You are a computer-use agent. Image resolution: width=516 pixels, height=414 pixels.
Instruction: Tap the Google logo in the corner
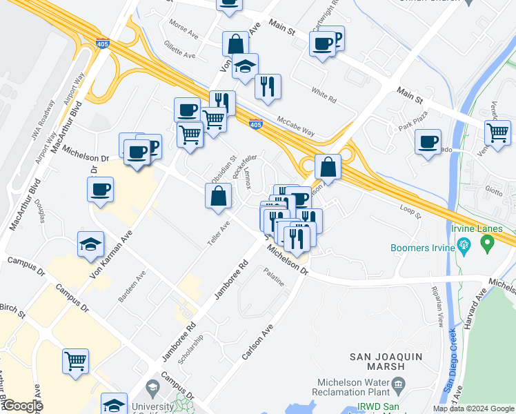coord(23,406)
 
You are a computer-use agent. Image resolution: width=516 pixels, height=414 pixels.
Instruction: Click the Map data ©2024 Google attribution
coord(473,408)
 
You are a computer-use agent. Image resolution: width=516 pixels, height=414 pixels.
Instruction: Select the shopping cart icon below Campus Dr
coord(76,360)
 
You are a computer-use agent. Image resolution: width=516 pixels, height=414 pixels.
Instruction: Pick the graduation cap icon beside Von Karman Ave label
coord(90,246)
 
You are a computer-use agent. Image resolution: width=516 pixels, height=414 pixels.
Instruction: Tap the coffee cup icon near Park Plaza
coord(428,142)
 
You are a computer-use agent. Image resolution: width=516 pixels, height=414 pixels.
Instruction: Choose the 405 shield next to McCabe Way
coord(255,124)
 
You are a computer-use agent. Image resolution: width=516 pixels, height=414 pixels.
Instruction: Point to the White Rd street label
coord(323,95)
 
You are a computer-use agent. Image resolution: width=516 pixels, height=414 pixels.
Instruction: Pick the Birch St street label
coord(12,310)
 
